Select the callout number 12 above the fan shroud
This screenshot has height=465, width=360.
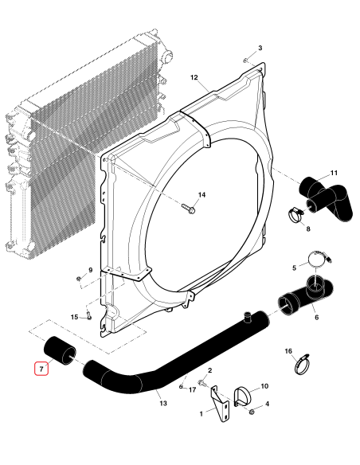point(194,77)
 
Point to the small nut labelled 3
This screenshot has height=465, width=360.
point(247,61)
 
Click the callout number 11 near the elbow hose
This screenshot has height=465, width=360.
point(334,173)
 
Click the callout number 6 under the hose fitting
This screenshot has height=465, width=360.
point(316,317)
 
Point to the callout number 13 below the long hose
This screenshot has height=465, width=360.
point(163,403)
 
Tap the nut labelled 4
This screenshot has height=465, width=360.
point(252,412)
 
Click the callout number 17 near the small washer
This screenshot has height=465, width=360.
point(192,389)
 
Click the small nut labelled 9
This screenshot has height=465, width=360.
point(78,278)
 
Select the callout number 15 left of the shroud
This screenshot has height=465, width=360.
point(75,317)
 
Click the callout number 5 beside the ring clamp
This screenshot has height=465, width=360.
point(293,267)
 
